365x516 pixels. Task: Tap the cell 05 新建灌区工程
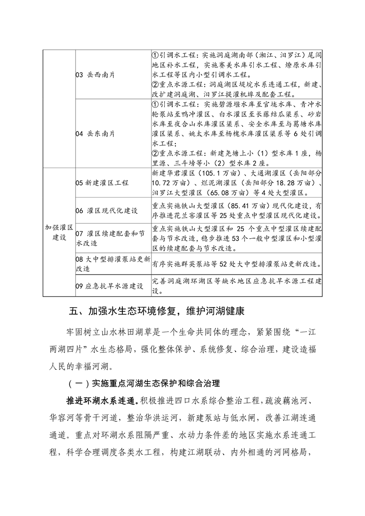pyautogui.click(x=102, y=183)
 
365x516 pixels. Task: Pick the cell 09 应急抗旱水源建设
pyautogui.click(x=109, y=286)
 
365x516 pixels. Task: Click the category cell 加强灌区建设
pyautogui.click(x=59, y=232)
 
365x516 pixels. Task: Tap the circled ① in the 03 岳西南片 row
pyautogui.click(x=155, y=56)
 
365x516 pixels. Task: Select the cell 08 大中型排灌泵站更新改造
pyautogui.click(x=112, y=264)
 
